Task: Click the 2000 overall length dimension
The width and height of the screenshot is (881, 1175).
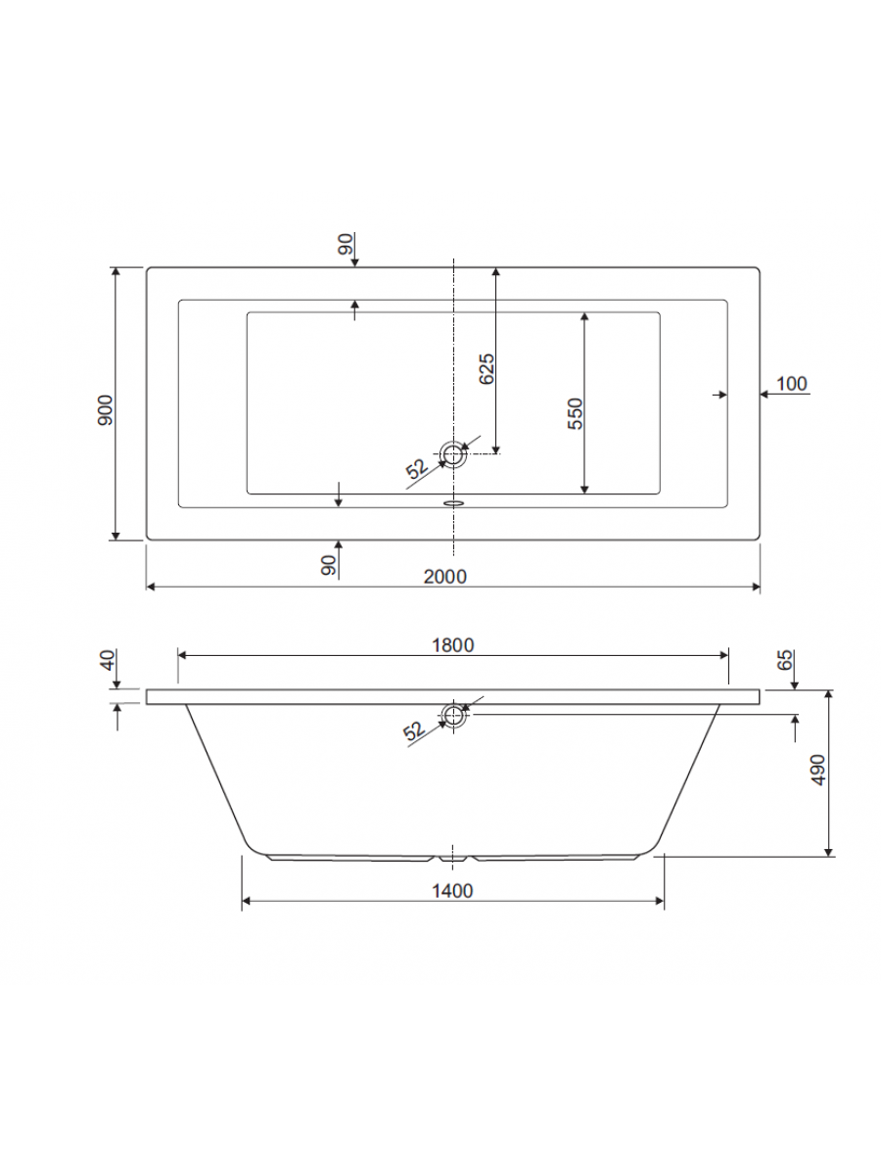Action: click(x=444, y=576)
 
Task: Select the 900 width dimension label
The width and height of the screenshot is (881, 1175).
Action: click(x=107, y=409)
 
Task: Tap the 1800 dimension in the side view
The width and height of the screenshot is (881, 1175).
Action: click(x=452, y=644)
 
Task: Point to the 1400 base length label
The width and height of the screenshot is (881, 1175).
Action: click(x=451, y=890)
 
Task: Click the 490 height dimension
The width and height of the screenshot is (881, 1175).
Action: click(x=819, y=771)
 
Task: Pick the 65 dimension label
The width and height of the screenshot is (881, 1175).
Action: click(x=784, y=660)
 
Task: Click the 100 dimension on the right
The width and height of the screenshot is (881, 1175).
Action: click(x=791, y=383)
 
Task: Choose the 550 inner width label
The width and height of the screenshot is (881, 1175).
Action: click(x=576, y=414)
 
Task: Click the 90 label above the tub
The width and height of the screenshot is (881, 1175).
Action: click(x=345, y=245)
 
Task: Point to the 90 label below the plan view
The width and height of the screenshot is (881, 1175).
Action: click(x=328, y=564)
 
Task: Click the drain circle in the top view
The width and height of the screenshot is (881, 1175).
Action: click(x=453, y=453)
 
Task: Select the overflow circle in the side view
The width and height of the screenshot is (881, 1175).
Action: click(x=453, y=716)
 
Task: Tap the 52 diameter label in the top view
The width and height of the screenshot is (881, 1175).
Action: click(x=417, y=469)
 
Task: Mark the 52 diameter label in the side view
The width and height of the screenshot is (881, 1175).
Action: click(x=414, y=730)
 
